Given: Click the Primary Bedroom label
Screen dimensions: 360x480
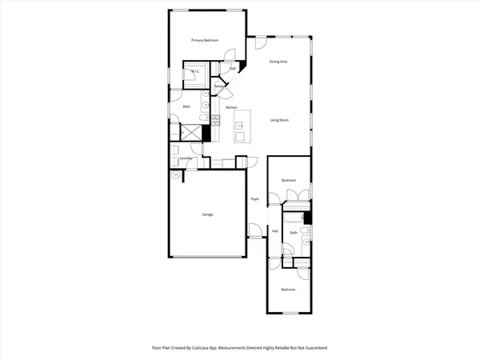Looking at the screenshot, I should click(205, 39).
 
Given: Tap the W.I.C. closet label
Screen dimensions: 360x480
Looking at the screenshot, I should click(194, 72).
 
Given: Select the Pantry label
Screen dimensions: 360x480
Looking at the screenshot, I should click(218, 86).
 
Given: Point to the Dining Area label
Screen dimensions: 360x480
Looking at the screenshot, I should click(278, 62).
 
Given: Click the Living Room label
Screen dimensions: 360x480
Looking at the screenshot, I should click(278, 121).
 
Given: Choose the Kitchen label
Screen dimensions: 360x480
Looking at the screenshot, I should click(231, 107).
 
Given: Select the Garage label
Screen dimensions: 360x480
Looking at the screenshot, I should click(207, 214).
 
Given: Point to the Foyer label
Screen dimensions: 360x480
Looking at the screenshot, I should click(255, 198).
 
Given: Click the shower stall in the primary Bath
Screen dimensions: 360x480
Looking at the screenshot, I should click(191, 132).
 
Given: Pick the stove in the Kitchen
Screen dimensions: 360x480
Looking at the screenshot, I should click(215, 121).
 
